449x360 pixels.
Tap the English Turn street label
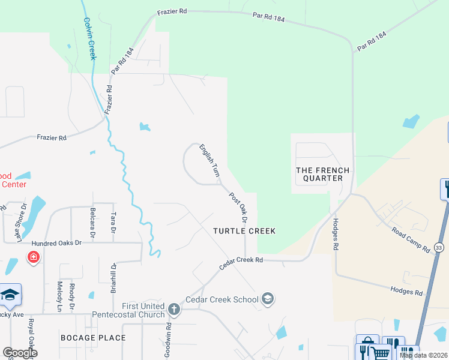[x=209, y=160]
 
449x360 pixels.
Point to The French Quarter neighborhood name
[x=319, y=174]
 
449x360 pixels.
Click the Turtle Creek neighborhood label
[x=244, y=231]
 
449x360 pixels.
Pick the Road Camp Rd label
[x=411, y=239]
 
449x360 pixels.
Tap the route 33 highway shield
[x=439, y=247]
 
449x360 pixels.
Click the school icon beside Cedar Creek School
[x=268, y=299]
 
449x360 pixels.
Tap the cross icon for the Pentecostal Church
[x=173, y=310]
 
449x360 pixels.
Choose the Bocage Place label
[x=93, y=338]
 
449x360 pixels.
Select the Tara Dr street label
[x=112, y=223]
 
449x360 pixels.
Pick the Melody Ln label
[x=59, y=296]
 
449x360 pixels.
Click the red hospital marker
[x=34, y=257]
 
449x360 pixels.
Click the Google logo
[x=20, y=353]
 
